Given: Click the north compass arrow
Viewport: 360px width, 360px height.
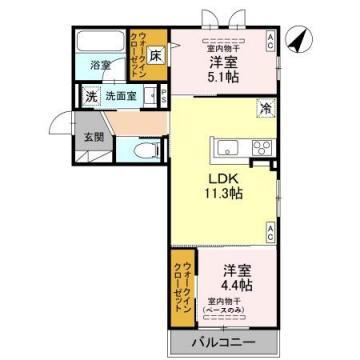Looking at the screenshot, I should [x=296, y=41].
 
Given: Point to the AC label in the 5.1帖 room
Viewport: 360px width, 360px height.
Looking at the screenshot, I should [x=270, y=40].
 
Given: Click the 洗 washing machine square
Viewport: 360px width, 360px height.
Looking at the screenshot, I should [x=90, y=97].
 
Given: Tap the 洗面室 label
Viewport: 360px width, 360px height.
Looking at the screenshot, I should [x=123, y=97].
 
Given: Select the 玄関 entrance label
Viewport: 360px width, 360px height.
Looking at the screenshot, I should [x=93, y=137].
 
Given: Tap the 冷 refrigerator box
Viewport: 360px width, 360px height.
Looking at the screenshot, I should [x=265, y=109].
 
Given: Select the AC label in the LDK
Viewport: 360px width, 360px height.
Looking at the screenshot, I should [x=270, y=231].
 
